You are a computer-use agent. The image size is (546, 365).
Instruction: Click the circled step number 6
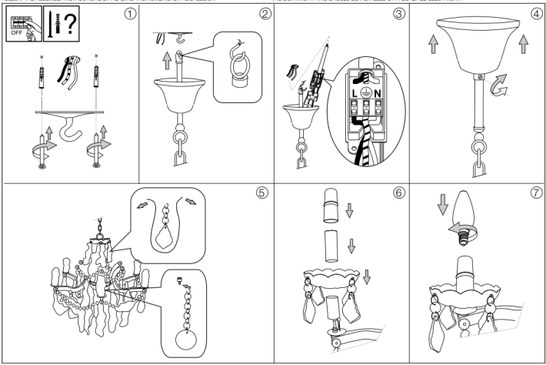(398, 193)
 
